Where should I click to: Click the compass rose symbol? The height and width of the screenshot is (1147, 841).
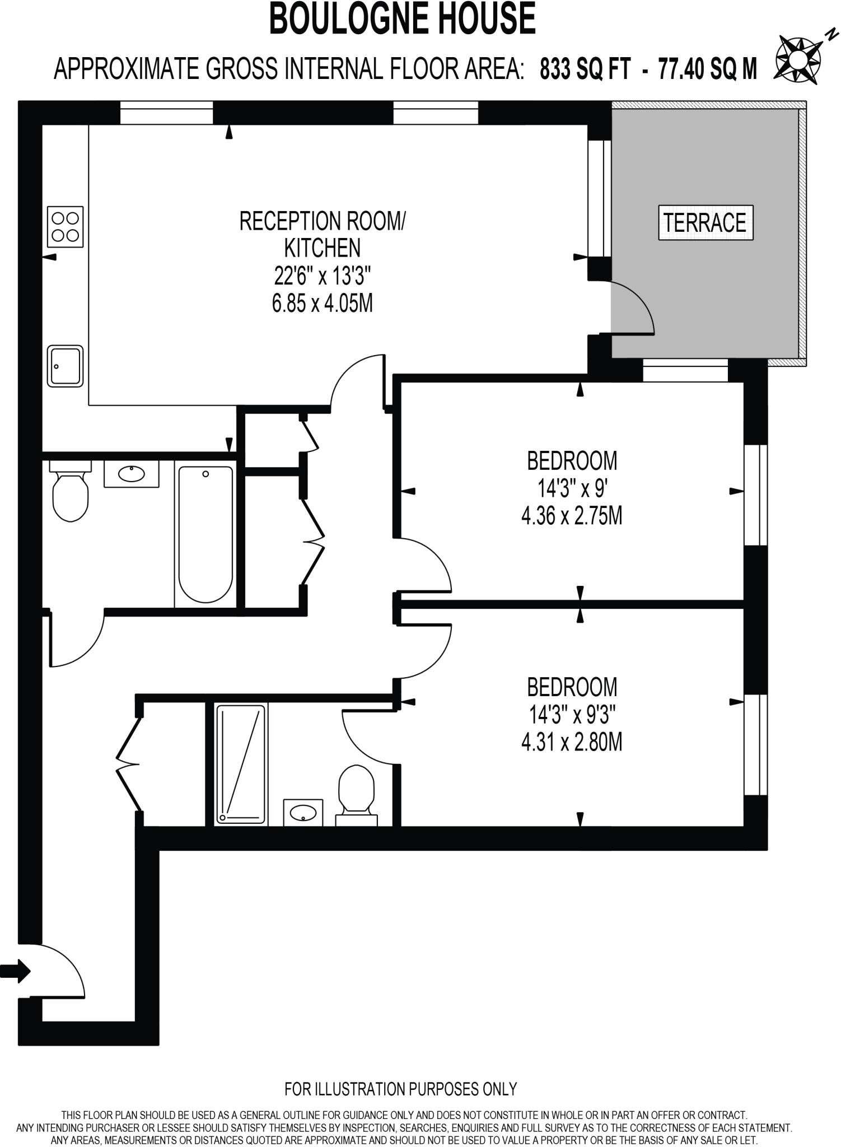click(798, 58)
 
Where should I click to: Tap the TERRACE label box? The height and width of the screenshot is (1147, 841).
click(705, 223)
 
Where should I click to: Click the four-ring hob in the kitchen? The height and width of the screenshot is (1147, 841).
click(66, 227)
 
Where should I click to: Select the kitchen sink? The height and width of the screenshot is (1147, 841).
click(66, 366)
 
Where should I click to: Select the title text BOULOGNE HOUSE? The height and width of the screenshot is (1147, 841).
click(403, 19)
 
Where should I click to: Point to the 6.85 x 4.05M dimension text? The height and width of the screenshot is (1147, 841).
click(322, 304)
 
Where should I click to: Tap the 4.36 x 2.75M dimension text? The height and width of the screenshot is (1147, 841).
click(572, 516)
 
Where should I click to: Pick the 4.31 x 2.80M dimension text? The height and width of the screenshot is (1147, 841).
click(572, 743)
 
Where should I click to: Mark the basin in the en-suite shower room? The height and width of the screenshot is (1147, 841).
click(303, 813)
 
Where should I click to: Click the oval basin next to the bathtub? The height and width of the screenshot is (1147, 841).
click(132, 474)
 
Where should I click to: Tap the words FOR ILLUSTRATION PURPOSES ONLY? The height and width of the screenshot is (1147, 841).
click(400, 1089)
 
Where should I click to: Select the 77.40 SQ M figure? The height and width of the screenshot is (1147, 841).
click(707, 70)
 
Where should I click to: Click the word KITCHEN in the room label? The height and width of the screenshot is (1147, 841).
click(323, 248)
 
